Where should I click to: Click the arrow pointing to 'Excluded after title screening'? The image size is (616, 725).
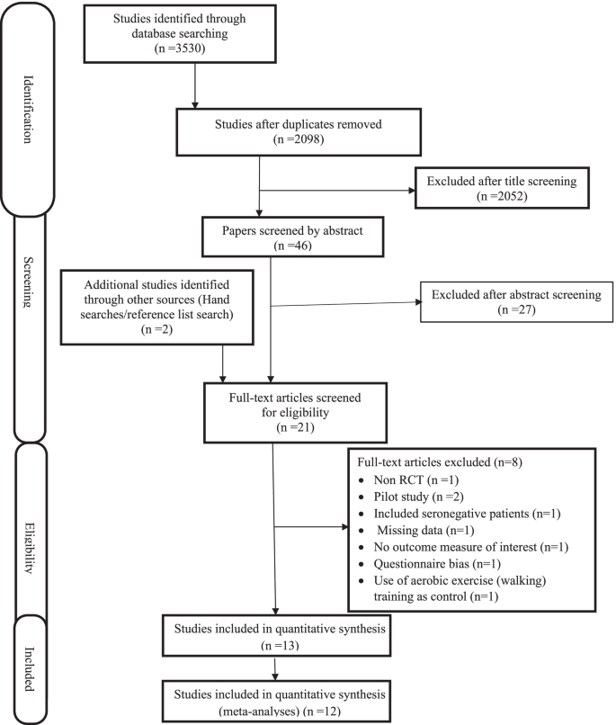click(405, 192)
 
